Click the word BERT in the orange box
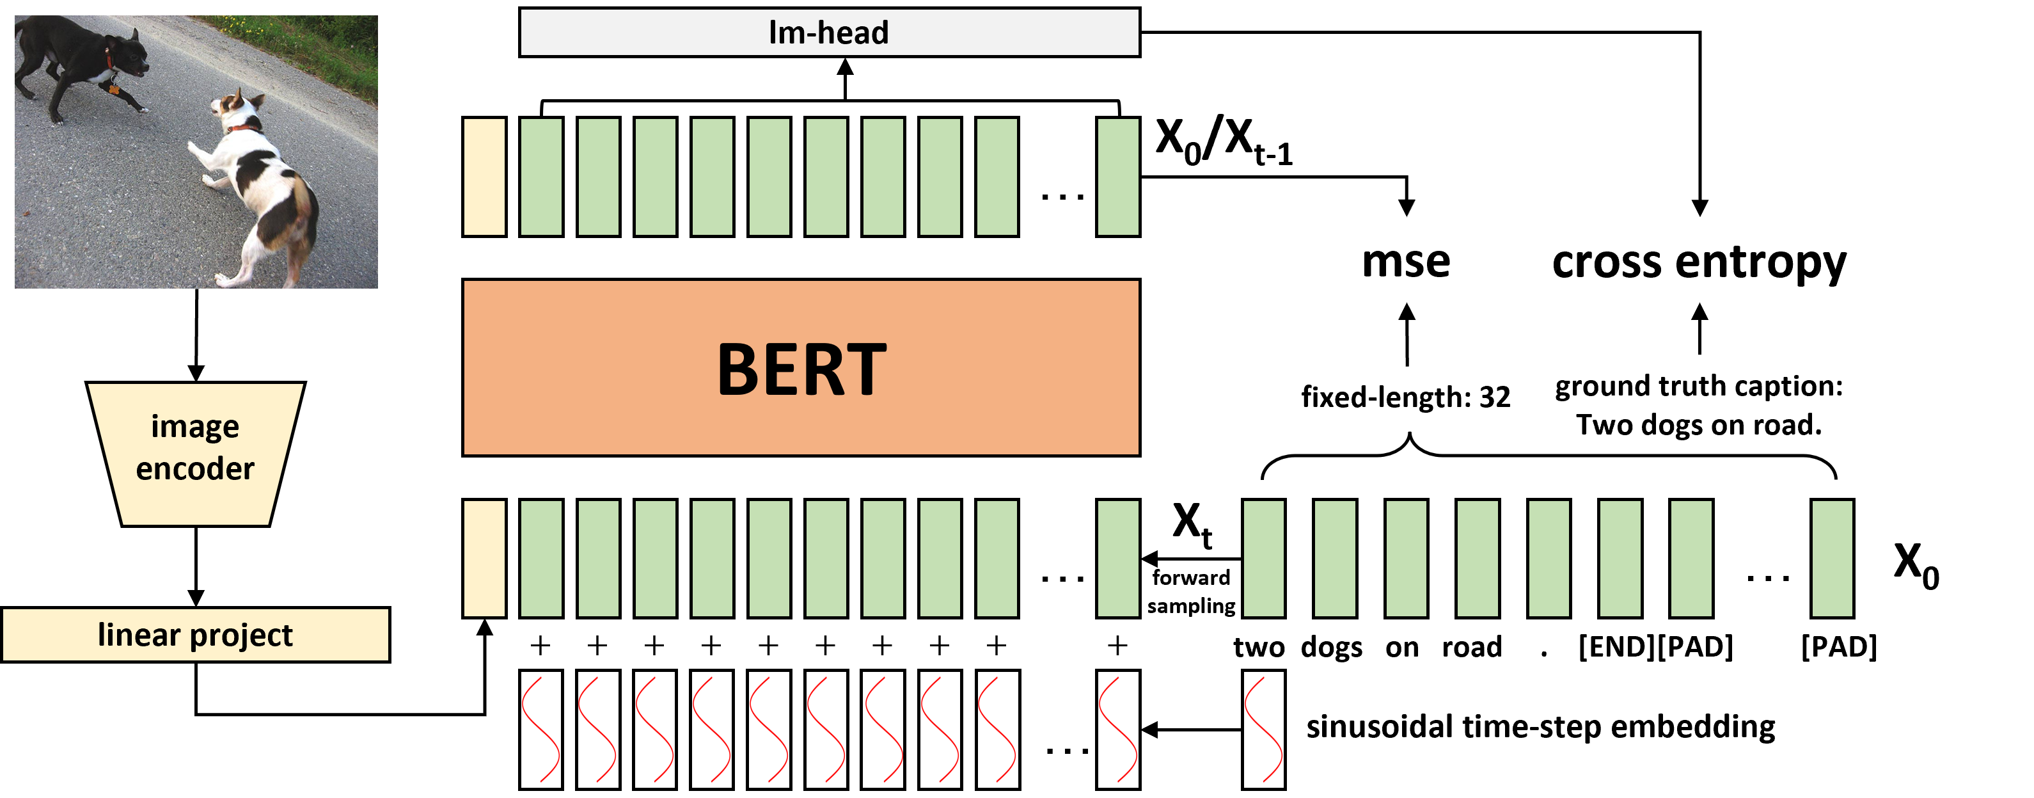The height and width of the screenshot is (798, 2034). coord(801,369)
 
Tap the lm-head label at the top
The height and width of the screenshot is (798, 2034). coord(828,33)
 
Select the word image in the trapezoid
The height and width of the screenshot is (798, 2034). coord(195,427)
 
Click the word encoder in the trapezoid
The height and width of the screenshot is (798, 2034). coord(195,468)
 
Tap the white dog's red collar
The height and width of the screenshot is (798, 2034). coord(243,128)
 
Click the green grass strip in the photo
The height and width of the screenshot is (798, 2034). coord(316,40)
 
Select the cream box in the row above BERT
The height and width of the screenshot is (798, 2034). coord(484,177)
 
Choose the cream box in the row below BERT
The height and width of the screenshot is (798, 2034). coord(484,559)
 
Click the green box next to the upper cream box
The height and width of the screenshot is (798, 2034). coord(541,177)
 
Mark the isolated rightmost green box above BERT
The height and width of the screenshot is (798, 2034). coord(1117,177)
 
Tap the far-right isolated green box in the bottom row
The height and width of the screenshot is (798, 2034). coord(1832,559)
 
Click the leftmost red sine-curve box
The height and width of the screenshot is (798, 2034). coord(541,730)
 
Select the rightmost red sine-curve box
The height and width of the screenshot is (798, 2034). coord(1263,730)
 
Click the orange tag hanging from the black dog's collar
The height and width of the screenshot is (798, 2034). coord(114,90)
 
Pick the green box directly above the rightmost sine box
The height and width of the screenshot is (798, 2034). coord(1263,559)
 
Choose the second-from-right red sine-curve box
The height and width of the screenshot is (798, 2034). coord(1117,730)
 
